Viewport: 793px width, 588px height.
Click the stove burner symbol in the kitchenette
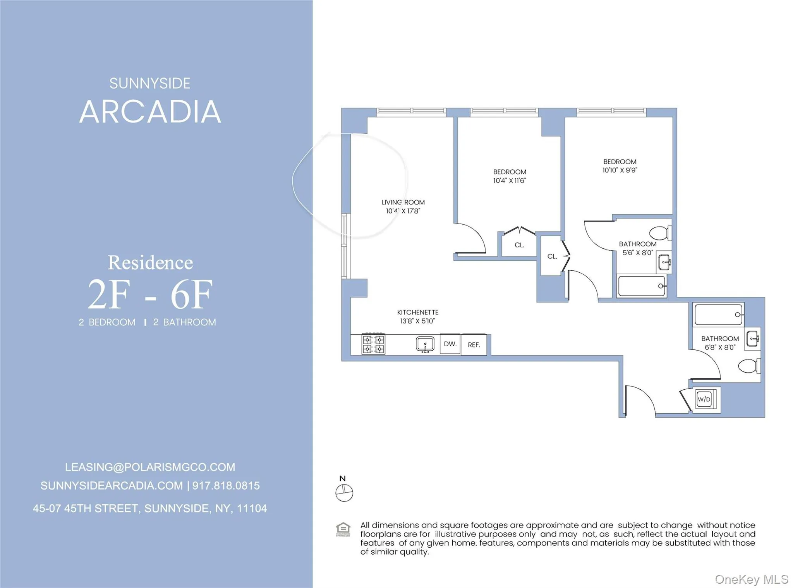point(373,344)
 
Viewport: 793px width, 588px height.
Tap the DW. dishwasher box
point(450,344)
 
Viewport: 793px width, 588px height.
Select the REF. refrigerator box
point(474,345)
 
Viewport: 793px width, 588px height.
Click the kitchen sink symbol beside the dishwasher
point(425,344)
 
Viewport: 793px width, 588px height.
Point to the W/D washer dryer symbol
point(704,399)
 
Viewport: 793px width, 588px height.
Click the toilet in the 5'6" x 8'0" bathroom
point(660,233)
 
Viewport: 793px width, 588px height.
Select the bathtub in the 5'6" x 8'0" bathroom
point(642,286)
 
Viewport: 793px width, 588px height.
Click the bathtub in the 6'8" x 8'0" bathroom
point(719,315)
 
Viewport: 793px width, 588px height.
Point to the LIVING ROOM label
point(403,202)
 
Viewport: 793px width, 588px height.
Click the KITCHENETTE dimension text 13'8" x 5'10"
point(417,321)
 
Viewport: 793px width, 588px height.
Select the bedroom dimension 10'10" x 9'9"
point(620,170)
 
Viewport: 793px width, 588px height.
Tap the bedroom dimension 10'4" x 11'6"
point(510,181)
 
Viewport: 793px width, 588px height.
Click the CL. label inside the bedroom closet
point(519,245)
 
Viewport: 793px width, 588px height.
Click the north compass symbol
point(344,493)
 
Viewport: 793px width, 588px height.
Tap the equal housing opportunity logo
point(343,529)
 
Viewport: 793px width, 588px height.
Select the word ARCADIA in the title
point(150,112)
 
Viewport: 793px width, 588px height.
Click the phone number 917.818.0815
point(226,486)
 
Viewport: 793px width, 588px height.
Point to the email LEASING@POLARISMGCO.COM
point(150,467)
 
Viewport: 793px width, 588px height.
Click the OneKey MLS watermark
point(751,579)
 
